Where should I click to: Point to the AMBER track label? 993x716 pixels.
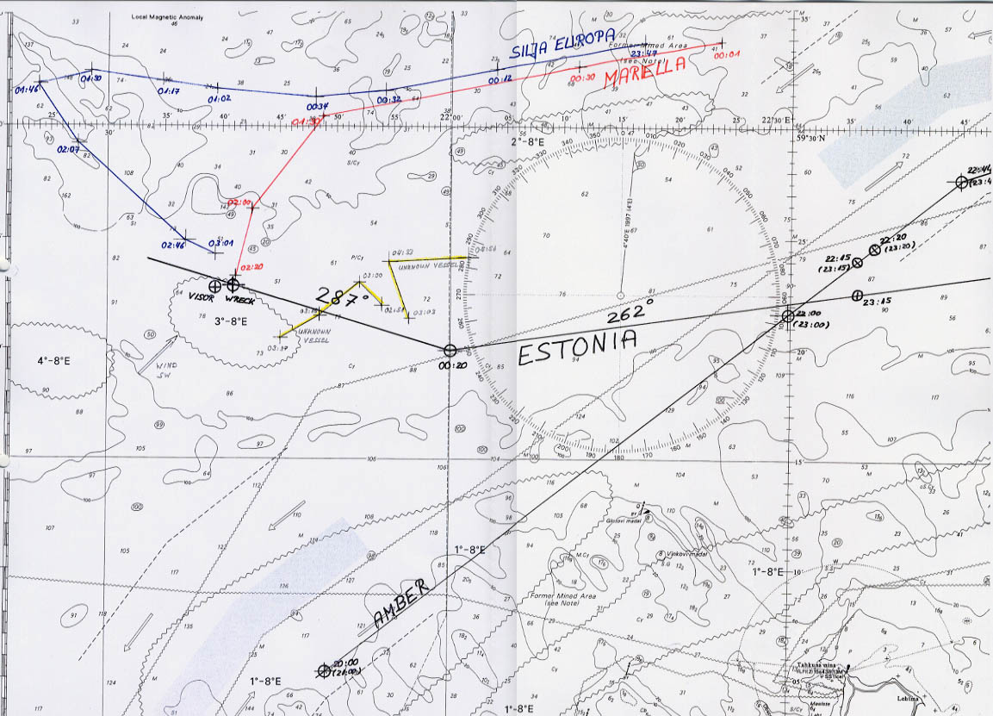(401, 604)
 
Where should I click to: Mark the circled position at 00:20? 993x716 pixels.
(449, 350)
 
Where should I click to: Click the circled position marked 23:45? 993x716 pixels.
(856, 296)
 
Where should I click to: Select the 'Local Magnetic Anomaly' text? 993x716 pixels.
(166, 16)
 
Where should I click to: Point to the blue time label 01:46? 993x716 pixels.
(28, 89)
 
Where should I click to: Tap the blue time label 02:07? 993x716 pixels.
(68, 149)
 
